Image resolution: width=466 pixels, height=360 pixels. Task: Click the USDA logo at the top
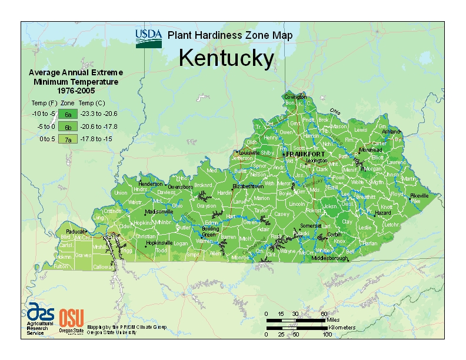click(148, 38)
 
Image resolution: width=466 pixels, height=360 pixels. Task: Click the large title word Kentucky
click(226, 58)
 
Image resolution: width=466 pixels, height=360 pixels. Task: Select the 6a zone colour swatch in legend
click(68, 114)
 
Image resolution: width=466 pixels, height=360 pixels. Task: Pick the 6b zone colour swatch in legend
click(68, 126)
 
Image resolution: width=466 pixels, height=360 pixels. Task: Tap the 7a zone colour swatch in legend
click(68, 139)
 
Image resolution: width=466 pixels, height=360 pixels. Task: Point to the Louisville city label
click(249, 152)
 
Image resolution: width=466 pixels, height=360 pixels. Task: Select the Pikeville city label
click(420, 195)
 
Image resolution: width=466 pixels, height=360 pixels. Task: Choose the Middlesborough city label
click(331, 258)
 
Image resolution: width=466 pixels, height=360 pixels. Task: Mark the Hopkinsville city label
click(160, 242)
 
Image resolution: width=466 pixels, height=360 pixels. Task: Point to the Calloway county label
click(103, 266)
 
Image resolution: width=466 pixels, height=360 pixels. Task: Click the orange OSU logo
click(71, 318)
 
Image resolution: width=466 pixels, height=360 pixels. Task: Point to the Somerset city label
click(310, 225)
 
